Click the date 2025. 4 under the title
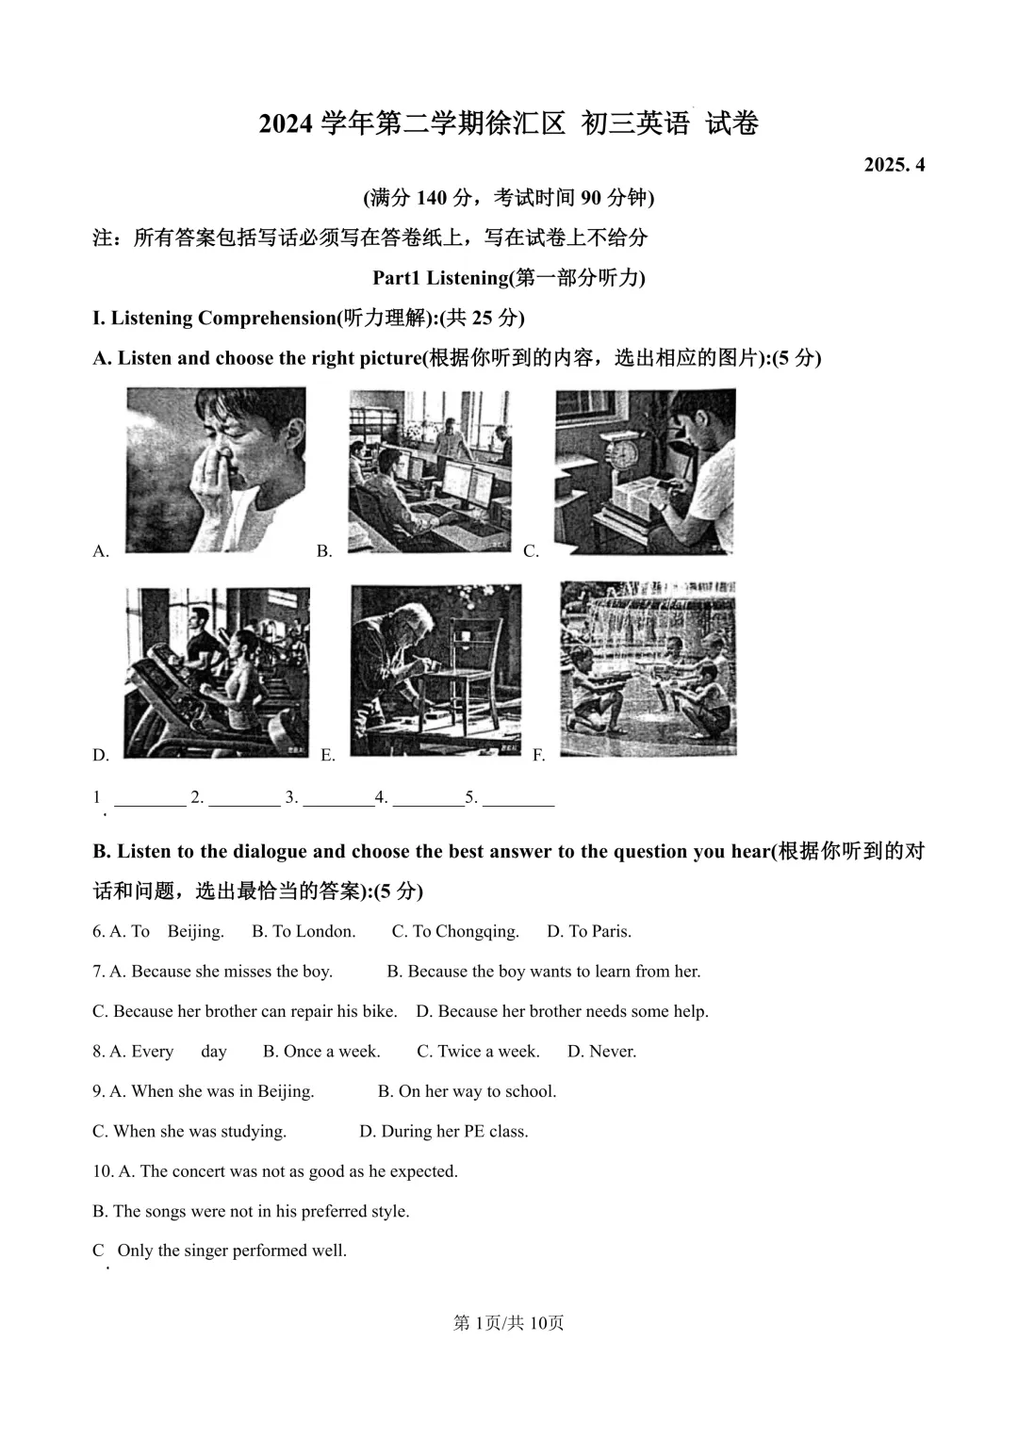[x=895, y=165]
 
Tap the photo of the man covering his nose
[x=216, y=469]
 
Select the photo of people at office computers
[x=430, y=471]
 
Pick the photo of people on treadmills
[x=217, y=672]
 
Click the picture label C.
[x=531, y=552]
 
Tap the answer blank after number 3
[x=339, y=798]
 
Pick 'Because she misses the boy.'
[x=222, y=972]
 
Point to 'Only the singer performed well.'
[x=232, y=1251]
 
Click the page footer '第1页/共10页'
[x=509, y=1323]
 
